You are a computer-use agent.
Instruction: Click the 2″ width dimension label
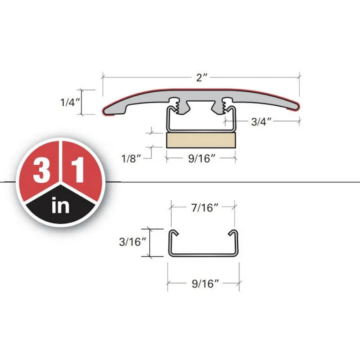[202, 77]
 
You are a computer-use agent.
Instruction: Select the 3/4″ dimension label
[261, 121]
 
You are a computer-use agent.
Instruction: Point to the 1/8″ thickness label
[131, 158]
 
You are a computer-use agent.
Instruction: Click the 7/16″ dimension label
[204, 208]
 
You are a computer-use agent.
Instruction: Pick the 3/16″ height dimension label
[132, 242]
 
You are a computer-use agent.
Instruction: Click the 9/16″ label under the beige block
[202, 158]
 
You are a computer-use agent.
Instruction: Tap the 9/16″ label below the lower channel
[205, 284]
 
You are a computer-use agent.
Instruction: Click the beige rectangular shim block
[201, 140]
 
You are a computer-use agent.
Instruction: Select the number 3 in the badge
[41, 171]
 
